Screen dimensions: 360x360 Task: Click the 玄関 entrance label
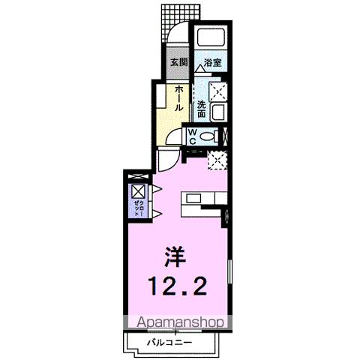178,63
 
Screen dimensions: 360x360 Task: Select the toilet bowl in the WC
211,136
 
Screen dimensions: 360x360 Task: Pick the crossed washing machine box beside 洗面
218,91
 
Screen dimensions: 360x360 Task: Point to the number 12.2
178,285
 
